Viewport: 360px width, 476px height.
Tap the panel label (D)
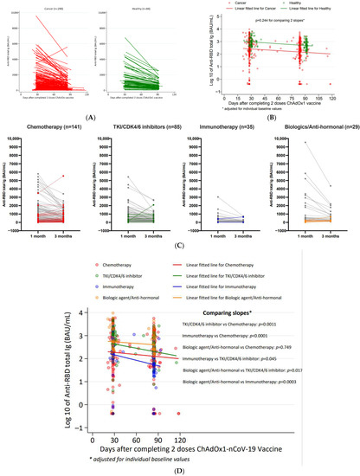tap(179, 470)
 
